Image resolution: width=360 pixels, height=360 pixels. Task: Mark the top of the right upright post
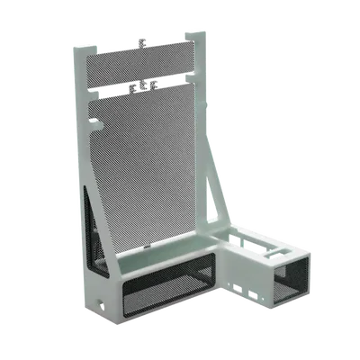[188, 34]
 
